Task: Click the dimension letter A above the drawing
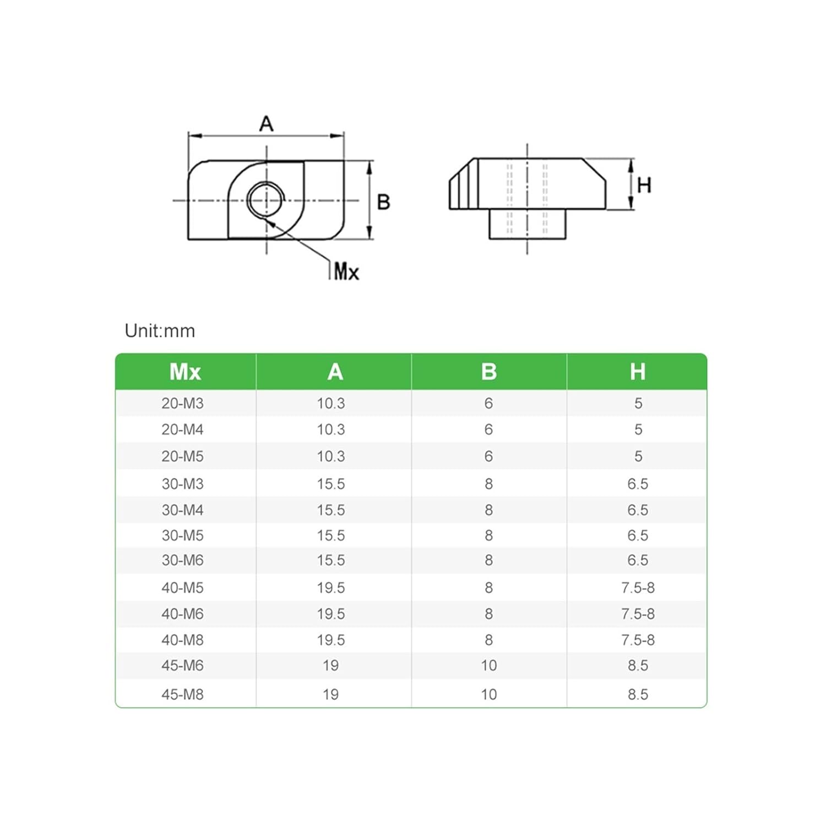click(266, 124)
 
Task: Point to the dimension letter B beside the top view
click(383, 202)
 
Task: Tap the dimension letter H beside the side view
click(644, 185)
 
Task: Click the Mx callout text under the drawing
click(346, 271)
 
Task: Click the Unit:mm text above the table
click(160, 331)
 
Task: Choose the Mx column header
click(185, 372)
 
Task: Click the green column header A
click(335, 372)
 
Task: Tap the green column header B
click(488, 372)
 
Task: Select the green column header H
click(637, 372)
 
